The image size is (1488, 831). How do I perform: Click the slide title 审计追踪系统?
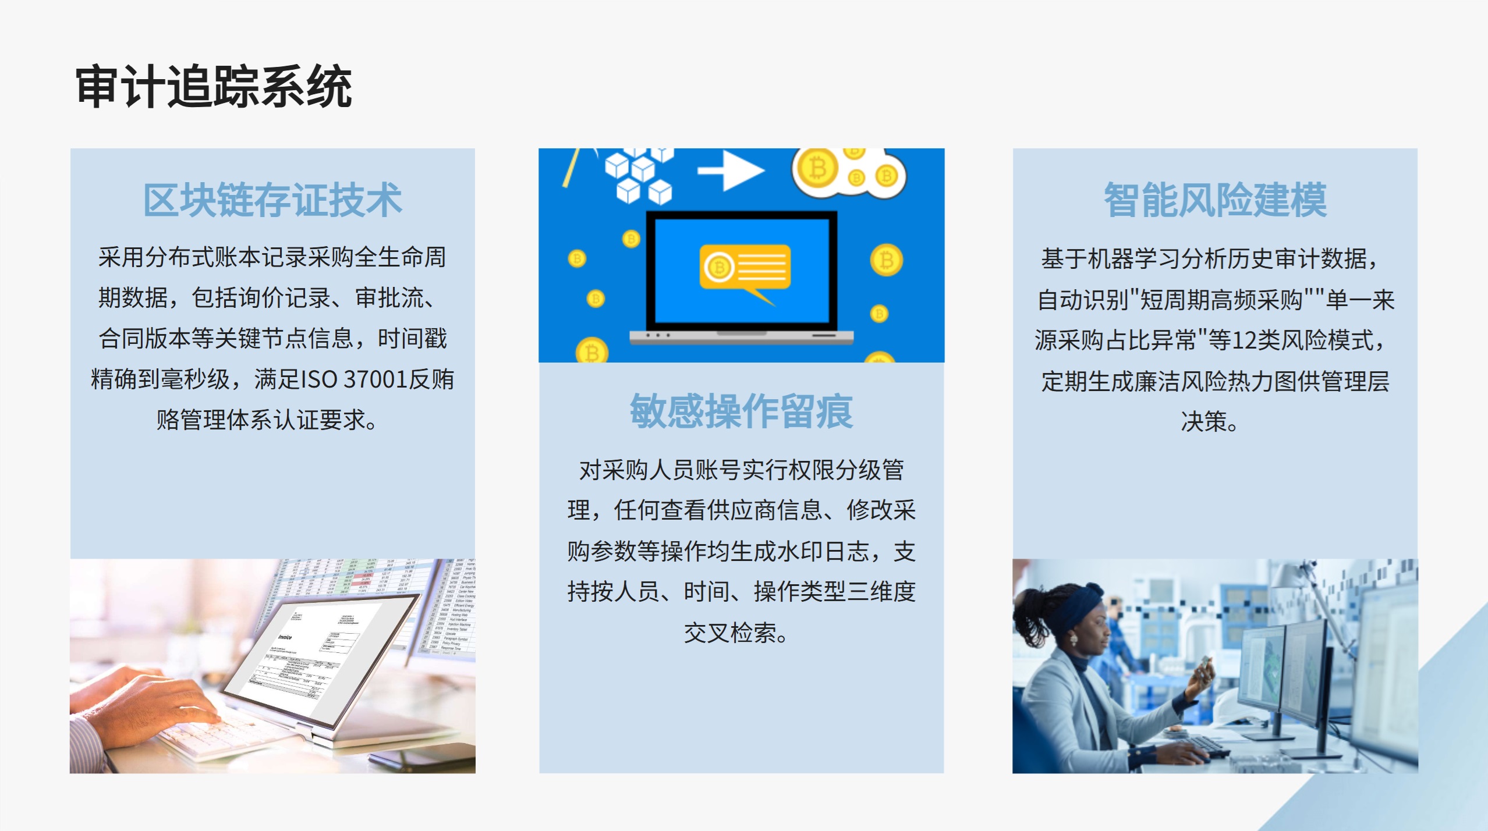[214, 87]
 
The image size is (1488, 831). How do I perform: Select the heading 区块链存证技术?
[272, 200]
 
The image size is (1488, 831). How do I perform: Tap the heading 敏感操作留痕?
[741, 411]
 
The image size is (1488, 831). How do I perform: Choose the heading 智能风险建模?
[1215, 200]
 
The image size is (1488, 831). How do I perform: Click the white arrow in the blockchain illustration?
[731, 170]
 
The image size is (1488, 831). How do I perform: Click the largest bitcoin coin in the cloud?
[818, 169]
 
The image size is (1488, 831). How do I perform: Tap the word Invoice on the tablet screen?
[285, 637]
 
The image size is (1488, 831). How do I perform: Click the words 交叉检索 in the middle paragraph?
[730, 633]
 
